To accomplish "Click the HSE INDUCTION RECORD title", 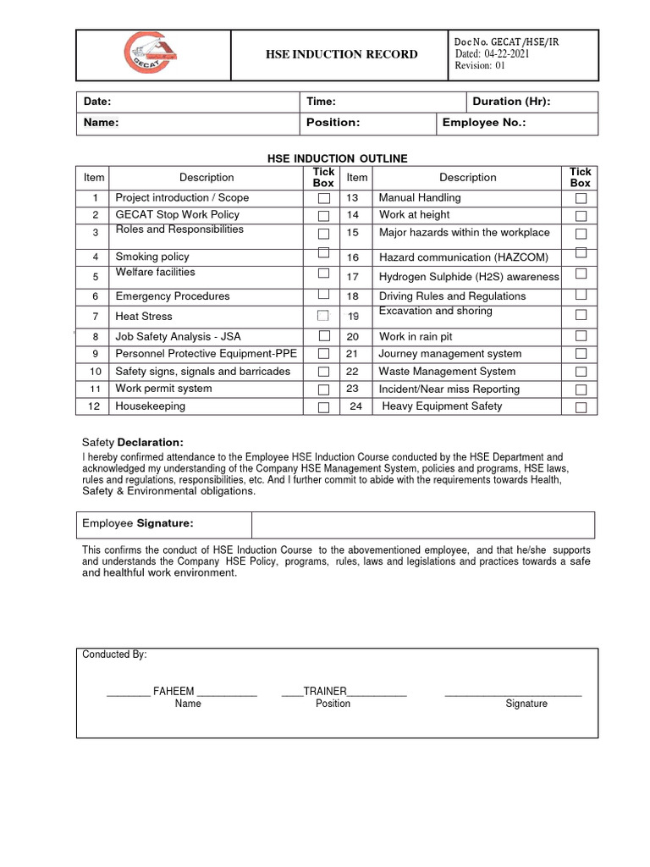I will (x=342, y=54).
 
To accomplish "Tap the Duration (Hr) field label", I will (x=511, y=102).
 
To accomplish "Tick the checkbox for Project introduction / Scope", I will (x=323, y=198).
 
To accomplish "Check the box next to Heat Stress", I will (x=323, y=316).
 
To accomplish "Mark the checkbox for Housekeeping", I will (x=323, y=407).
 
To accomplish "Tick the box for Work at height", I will (x=581, y=215).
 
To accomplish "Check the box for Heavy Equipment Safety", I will (x=581, y=407).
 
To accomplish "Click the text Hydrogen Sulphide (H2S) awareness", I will (x=469, y=277).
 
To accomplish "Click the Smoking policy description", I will (x=152, y=257).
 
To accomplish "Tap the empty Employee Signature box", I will (x=422, y=524).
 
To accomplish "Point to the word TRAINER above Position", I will (x=325, y=691).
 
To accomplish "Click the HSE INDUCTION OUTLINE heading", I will (x=337, y=158).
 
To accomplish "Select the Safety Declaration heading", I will (x=132, y=443).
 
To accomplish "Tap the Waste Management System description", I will (x=447, y=372).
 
